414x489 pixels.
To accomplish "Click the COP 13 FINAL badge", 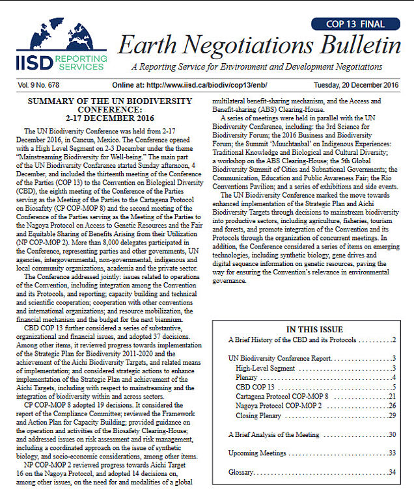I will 357,24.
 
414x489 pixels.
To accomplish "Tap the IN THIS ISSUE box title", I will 315,330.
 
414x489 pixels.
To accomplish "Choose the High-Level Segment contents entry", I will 265,368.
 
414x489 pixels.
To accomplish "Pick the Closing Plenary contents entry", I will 260,415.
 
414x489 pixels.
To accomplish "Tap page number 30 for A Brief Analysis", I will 392,434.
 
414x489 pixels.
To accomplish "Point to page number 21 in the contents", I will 392,396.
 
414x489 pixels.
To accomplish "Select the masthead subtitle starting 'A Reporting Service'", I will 265,67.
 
